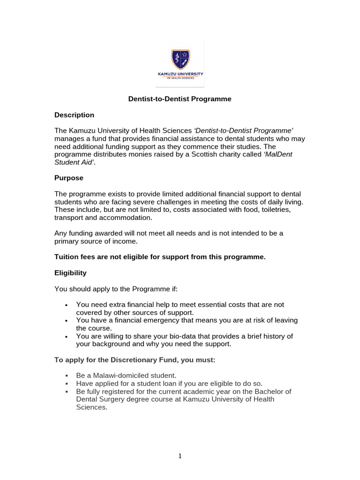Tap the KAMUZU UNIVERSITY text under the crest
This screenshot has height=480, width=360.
pos(180,74)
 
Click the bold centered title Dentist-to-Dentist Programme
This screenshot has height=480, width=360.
pos(180,99)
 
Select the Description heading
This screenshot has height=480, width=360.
pos(74,115)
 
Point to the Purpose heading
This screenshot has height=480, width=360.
pos(69,178)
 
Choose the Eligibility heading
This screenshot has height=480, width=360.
pos(70,273)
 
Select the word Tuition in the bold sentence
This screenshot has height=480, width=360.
pos(67,257)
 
